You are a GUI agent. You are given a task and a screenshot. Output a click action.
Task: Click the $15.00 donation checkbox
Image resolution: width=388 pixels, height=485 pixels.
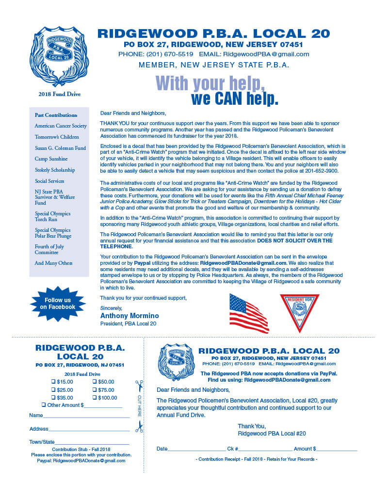[x=54, y=382]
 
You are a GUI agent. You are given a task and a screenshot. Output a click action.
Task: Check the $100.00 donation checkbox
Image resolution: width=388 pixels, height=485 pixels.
[x=95, y=398]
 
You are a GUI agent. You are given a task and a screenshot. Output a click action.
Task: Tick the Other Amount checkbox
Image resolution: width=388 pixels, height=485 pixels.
[x=44, y=405]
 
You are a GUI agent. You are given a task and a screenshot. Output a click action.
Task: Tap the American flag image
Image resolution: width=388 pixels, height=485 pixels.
[x=249, y=313]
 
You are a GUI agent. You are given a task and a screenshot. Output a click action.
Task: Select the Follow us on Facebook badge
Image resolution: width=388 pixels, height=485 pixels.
[x=57, y=304]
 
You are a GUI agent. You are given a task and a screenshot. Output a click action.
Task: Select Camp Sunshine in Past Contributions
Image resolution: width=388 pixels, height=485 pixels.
[x=51, y=159]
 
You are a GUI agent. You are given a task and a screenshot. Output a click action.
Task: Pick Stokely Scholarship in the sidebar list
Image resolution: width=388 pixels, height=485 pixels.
[x=55, y=170]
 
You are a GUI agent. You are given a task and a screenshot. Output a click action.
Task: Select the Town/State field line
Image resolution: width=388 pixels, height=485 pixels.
[x=92, y=442]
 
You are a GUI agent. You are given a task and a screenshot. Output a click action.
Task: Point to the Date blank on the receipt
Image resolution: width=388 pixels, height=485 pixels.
[x=196, y=449]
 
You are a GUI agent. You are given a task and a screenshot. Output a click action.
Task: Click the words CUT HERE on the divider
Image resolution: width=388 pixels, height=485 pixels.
[x=139, y=406]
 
